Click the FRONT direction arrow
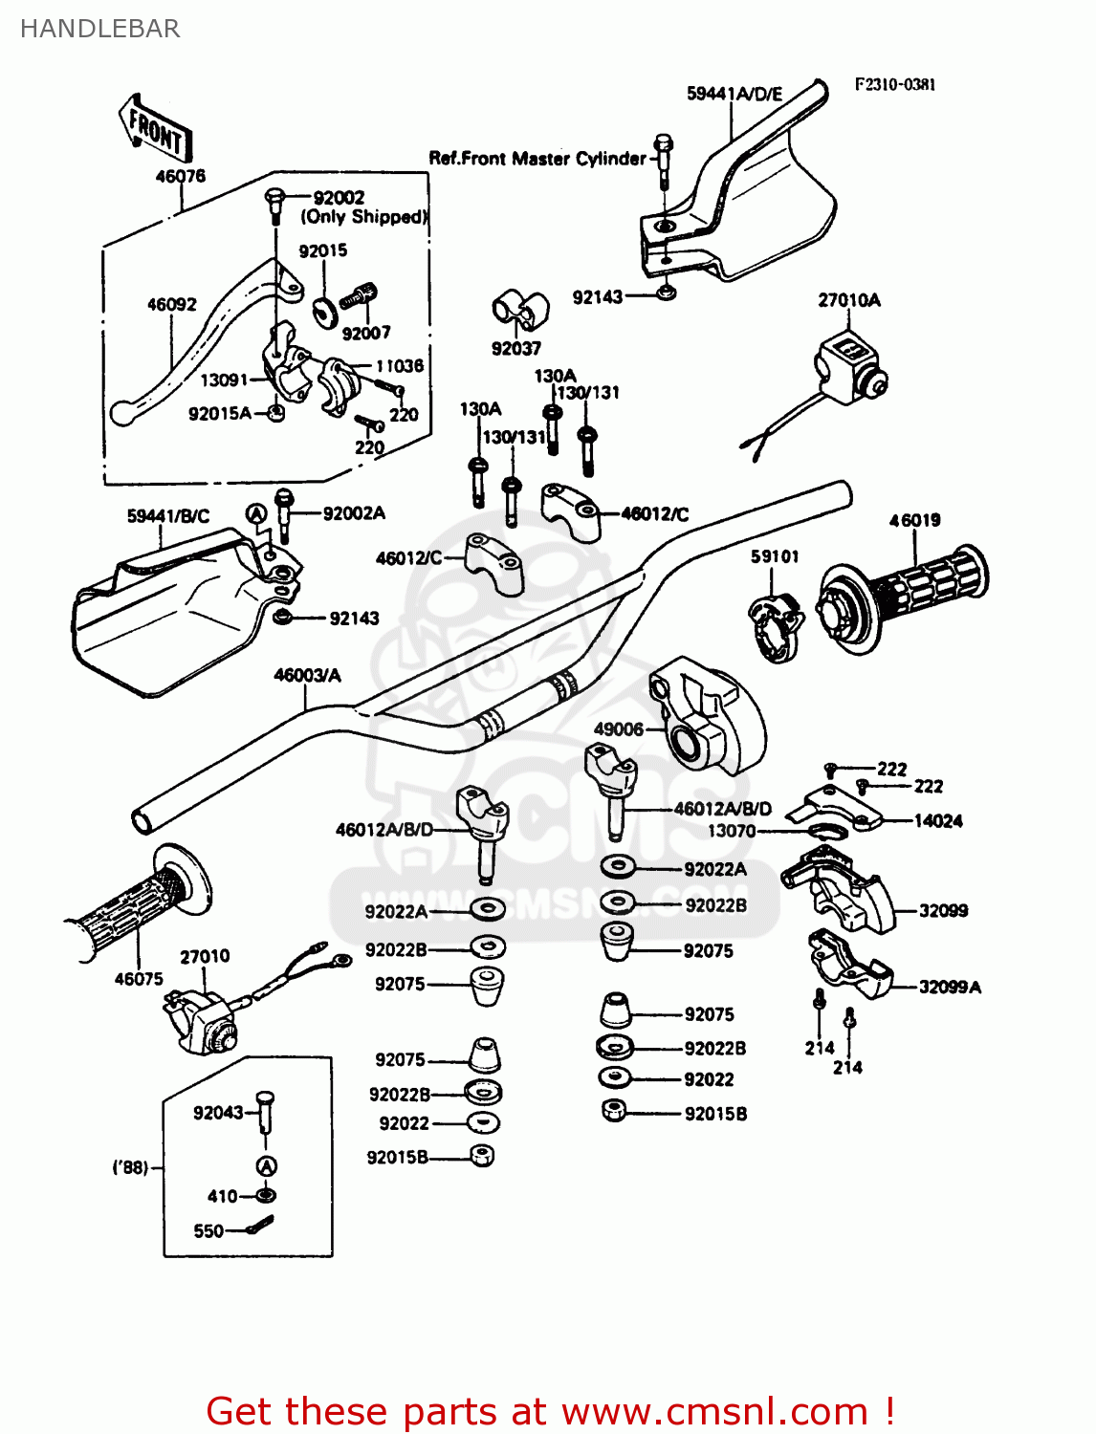[x=156, y=128]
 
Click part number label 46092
[x=171, y=305]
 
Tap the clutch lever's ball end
[x=121, y=414]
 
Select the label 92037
[x=515, y=349]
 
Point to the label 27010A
[x=848, y=300]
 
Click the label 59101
[x=774, y=556]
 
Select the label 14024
[x=937, y=821]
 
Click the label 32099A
[x=949, y=988]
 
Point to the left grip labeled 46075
[x=134, y=908]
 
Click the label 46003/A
[x=307, y=676]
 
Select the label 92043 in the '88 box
[x=218, y=1113]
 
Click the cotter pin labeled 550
[x=260, y=1226]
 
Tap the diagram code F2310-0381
[x=894, y=84]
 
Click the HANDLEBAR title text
[x=99, y=29]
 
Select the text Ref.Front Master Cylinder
[x=537, y=159]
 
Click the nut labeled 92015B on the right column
[x=614, y=1111]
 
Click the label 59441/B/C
[x=167, y=516]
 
